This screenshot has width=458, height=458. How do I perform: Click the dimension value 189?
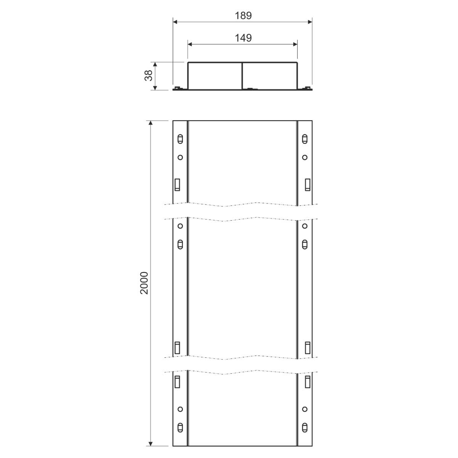[x=243, y=16]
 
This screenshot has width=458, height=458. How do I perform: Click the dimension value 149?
[x=243, y=38]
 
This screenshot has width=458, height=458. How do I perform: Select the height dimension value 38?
[x=148, y=75]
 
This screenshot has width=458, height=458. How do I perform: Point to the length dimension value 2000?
[x=144, y=283]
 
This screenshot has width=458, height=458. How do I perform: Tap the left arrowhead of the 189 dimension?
[x=175, y=22]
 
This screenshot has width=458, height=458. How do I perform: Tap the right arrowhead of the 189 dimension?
[x=310, y=22]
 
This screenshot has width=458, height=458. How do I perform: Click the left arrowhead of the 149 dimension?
[x=190, y=44]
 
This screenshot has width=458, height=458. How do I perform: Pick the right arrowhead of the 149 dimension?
[x=295, y=44]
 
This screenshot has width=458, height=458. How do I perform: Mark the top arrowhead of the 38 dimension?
[x=155, y=65]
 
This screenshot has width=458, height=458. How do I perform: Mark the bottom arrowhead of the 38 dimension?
[x=155, y=88]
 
